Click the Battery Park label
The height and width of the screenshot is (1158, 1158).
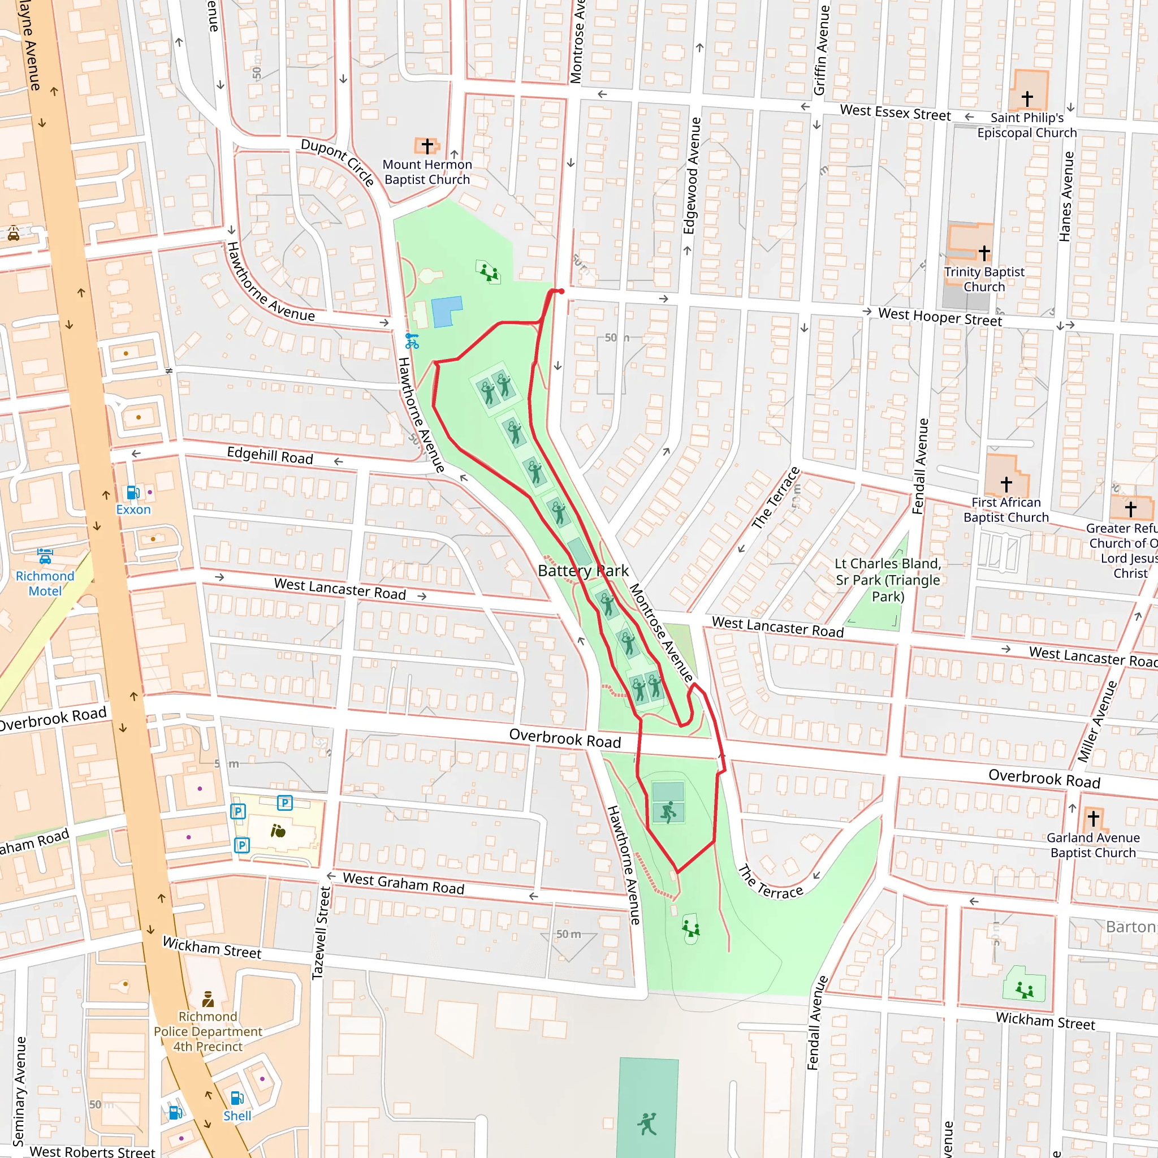click(x=582, y=571)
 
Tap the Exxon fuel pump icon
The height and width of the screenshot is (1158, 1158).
click(x=133, y=492)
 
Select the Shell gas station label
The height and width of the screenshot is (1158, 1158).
click(x=237, y=1116)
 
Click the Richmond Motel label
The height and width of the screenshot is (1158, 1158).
click(x=45, y=583)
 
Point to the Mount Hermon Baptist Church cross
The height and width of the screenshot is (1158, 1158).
click(x=427, y=146)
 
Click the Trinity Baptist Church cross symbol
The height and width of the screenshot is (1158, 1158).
click(x=984, y=253)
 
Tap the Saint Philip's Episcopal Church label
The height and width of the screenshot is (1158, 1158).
click(x=1027, y=126)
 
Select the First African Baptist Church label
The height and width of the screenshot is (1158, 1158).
click(x=1006, y=510)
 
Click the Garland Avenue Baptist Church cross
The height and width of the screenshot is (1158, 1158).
click(x=1094, y=818)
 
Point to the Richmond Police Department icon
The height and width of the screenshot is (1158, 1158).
click(x=208, y=999)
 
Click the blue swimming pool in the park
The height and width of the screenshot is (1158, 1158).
click(x=447, y=312)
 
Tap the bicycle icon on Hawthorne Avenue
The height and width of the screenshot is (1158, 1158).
click(x=412, y=341)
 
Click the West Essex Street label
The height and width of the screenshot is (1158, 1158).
click(x=895, y=113)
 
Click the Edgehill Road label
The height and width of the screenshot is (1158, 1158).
click(x=270, y=456)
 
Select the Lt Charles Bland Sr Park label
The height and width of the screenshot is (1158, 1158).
click(x=888, y=580)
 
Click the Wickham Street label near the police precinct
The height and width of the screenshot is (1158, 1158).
click(x=212, y=948)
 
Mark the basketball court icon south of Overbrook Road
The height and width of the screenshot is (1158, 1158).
click(x=668, y=812)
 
